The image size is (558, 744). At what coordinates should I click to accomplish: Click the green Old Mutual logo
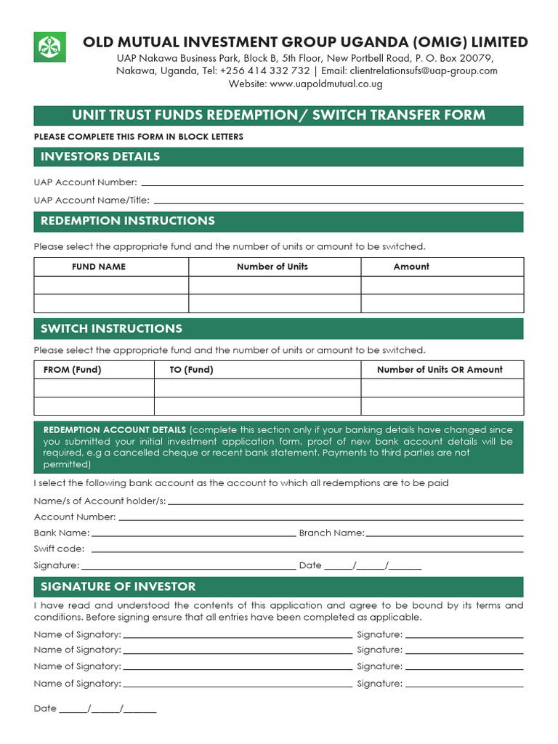tap(51, 46)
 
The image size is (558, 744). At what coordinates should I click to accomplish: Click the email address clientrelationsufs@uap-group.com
tap(424, 70)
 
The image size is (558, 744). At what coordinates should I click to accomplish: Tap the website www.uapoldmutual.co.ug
tap(325, 84)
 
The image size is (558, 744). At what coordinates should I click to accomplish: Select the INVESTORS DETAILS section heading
tap(100, 156)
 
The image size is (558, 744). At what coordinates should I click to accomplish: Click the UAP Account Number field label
tap(86, 182)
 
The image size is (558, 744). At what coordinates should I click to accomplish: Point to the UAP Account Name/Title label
tap(92, 200)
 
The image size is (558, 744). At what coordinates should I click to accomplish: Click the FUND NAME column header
tap(99, 267)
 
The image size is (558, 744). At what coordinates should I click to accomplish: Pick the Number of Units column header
tap(272, 267)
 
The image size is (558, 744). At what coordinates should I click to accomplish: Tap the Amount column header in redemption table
tap(411, 267)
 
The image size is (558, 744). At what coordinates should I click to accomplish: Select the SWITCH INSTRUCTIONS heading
tap(111, 328)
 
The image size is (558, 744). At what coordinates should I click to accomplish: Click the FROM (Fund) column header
tap(73, 370)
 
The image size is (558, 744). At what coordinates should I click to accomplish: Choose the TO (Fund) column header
tap(192, 370)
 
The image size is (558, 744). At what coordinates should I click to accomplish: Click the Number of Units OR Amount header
tap(440, 370)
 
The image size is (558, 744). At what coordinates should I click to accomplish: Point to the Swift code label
tap(59, 549)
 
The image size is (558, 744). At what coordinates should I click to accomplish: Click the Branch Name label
tap(332, 533)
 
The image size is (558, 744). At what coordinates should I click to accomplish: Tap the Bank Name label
tap(57, 533)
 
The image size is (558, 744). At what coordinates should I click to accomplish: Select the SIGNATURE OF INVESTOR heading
tap(118, 586)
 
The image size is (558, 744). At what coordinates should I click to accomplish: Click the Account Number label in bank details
tap(75, 517)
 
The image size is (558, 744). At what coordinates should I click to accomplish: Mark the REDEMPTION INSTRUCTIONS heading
tap(128, 221)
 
